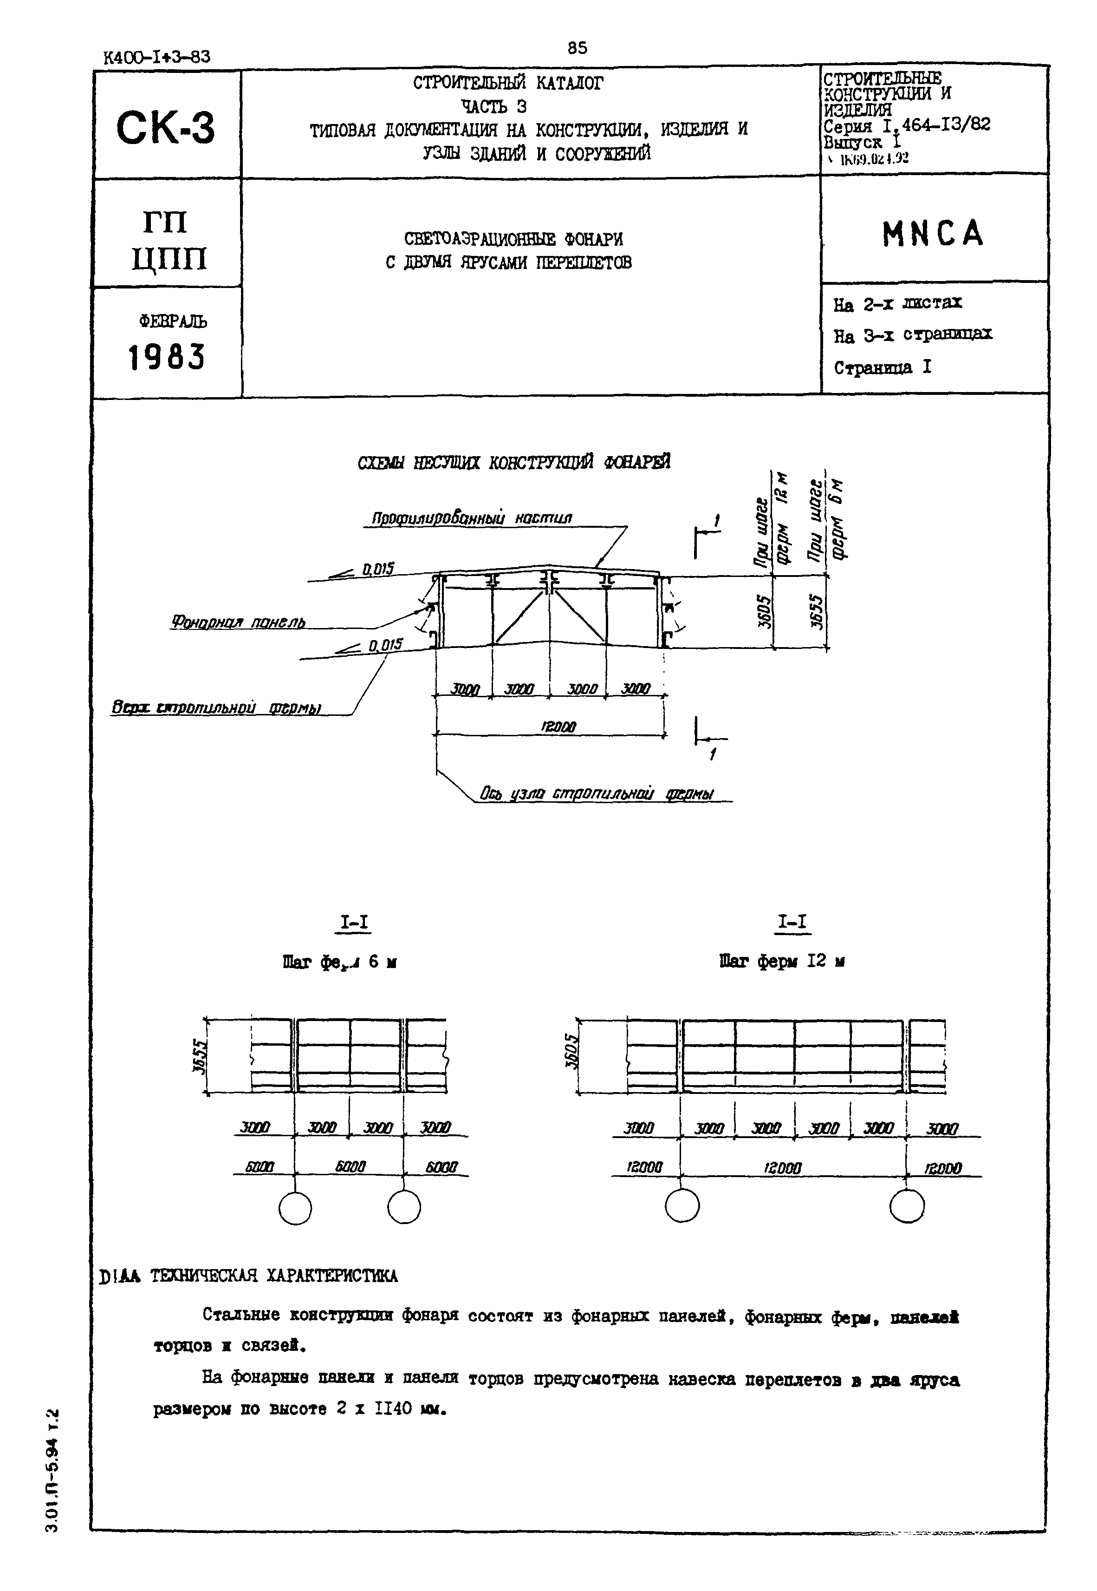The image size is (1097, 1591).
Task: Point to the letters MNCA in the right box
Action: coord(933,234)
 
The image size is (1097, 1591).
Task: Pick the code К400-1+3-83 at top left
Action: coord(157,57)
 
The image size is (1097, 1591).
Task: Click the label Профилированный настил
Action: coord(472,518)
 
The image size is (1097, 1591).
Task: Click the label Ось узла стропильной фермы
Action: coord(597,794)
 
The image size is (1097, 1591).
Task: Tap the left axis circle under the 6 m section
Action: coord(296,1207)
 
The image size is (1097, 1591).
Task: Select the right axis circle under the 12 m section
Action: coord(907,1207)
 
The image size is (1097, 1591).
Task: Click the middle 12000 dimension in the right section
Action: coord(782,1167)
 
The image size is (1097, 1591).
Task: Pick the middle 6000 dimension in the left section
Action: coord(350,1167)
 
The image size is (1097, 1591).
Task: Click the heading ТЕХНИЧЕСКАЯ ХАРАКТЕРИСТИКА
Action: coord(273,1276)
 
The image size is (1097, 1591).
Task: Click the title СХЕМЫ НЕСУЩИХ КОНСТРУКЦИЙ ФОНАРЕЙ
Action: coord(513,463)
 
